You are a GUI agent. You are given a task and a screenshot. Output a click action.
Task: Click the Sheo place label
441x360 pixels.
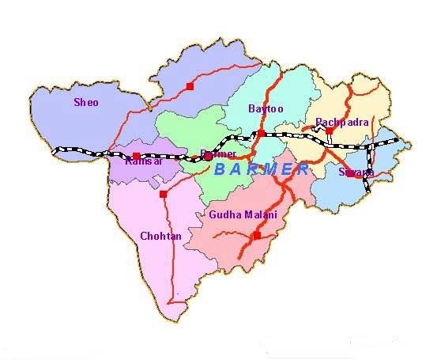(86, 102)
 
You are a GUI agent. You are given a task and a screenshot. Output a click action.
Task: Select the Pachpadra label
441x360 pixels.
(341, 123)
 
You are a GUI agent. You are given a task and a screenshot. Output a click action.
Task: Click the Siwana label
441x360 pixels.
(356, 172)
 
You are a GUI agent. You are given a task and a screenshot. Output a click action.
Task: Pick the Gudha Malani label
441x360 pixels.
(243, 214)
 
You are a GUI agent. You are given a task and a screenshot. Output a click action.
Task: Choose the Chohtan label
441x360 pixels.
(160, 236)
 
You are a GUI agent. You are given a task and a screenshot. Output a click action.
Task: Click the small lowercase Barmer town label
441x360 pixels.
(219, 153)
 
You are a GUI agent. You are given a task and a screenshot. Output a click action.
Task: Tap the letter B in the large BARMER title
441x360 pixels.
(220, 169)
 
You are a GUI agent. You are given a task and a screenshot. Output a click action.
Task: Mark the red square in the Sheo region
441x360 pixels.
(190, 85)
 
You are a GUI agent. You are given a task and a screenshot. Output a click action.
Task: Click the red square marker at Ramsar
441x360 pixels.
(136, 156)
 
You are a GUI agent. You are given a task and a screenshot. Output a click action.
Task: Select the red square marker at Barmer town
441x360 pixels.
(208, 157)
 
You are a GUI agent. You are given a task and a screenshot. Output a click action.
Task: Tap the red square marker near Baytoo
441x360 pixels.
(261, 133)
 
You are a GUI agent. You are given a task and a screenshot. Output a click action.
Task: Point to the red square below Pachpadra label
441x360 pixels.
(329, 131)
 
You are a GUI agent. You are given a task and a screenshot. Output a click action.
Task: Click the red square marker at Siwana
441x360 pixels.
(351, 173)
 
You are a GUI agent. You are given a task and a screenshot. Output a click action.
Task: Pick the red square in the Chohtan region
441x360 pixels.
(163, 194)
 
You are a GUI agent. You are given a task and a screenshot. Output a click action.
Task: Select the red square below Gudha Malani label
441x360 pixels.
(256, 235)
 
